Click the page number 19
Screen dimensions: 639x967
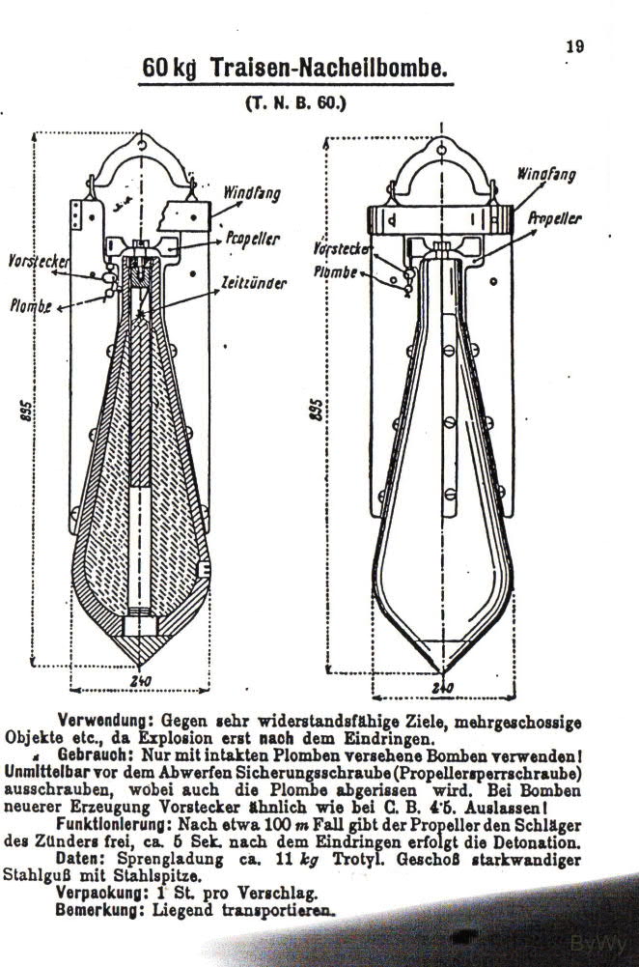coord(575,47)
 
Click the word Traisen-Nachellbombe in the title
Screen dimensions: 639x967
coord(328,68)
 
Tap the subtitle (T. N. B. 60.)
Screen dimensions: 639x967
coord(295,102)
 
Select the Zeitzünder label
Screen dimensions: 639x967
coord(254,283)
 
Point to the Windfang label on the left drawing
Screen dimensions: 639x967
coord(251,193)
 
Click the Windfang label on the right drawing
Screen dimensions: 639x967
coord(546,174)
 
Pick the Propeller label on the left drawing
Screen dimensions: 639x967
coord(253,238)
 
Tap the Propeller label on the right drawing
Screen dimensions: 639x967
coord(555,219)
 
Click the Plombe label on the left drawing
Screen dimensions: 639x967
coord(30,305)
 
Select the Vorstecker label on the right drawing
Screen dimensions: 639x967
coord(342,248)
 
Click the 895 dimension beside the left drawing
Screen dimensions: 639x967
coord(25,411)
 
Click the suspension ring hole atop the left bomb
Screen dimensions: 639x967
coord(142,146)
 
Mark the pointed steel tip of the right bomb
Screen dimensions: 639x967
coord(440,671)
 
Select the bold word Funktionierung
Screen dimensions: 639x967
coord(114,824)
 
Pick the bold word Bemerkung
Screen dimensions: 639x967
coord(101,910)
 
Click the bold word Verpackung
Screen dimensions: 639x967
coord(102,893)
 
